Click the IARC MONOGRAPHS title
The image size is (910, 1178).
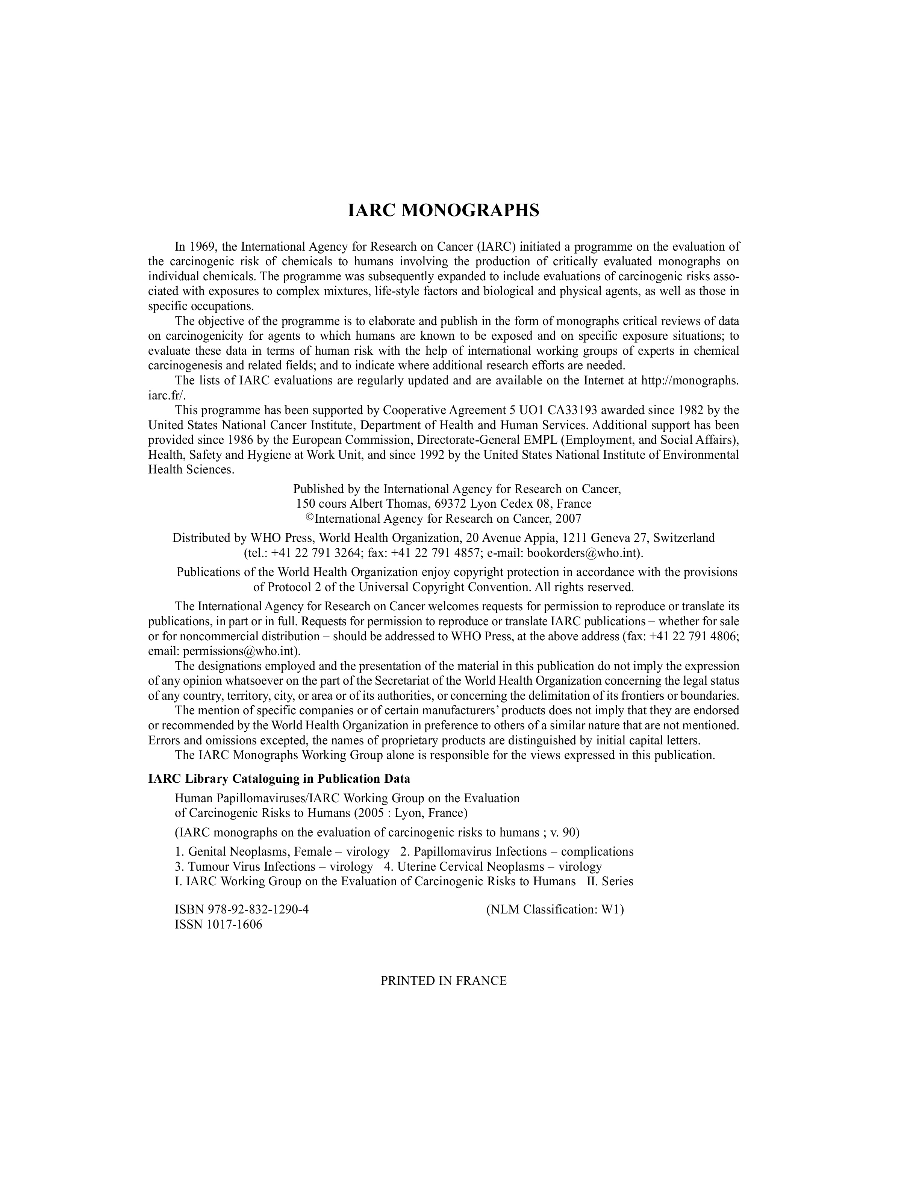(443, 210)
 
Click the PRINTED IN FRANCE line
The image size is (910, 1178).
(444, 981)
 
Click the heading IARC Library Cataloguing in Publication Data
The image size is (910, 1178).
(279, 779)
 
